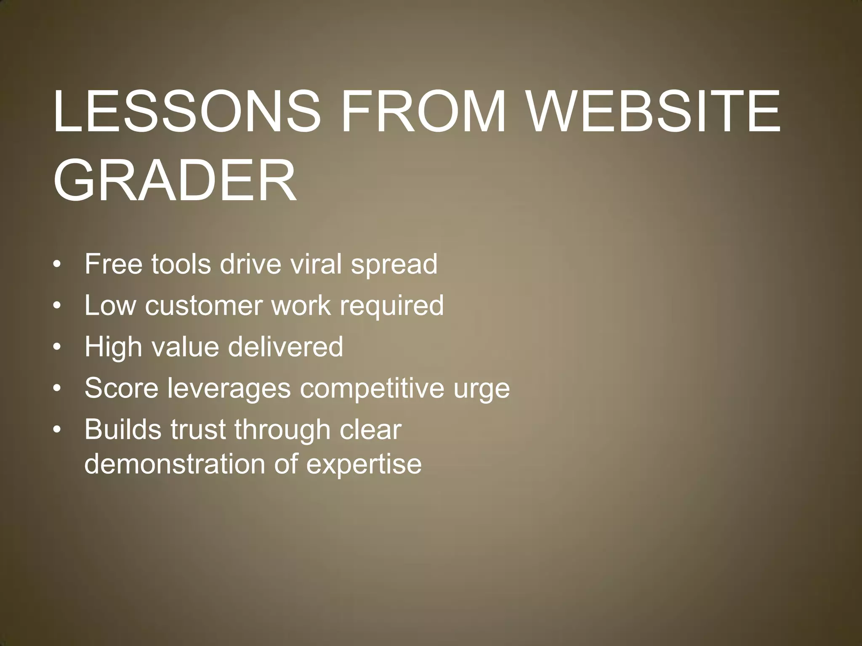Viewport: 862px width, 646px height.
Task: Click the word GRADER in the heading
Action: (x=175, y=181)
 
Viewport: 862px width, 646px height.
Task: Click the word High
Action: (x=113, y=347)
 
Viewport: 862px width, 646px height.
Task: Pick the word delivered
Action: (x=285, y=347)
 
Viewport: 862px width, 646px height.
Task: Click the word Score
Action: (x=121, y=388)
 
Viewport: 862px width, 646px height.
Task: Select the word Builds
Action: (x=122, y=429)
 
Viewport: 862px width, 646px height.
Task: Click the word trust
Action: (x=198, y=429)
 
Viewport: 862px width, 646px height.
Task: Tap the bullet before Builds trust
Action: (x=57, y=430)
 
